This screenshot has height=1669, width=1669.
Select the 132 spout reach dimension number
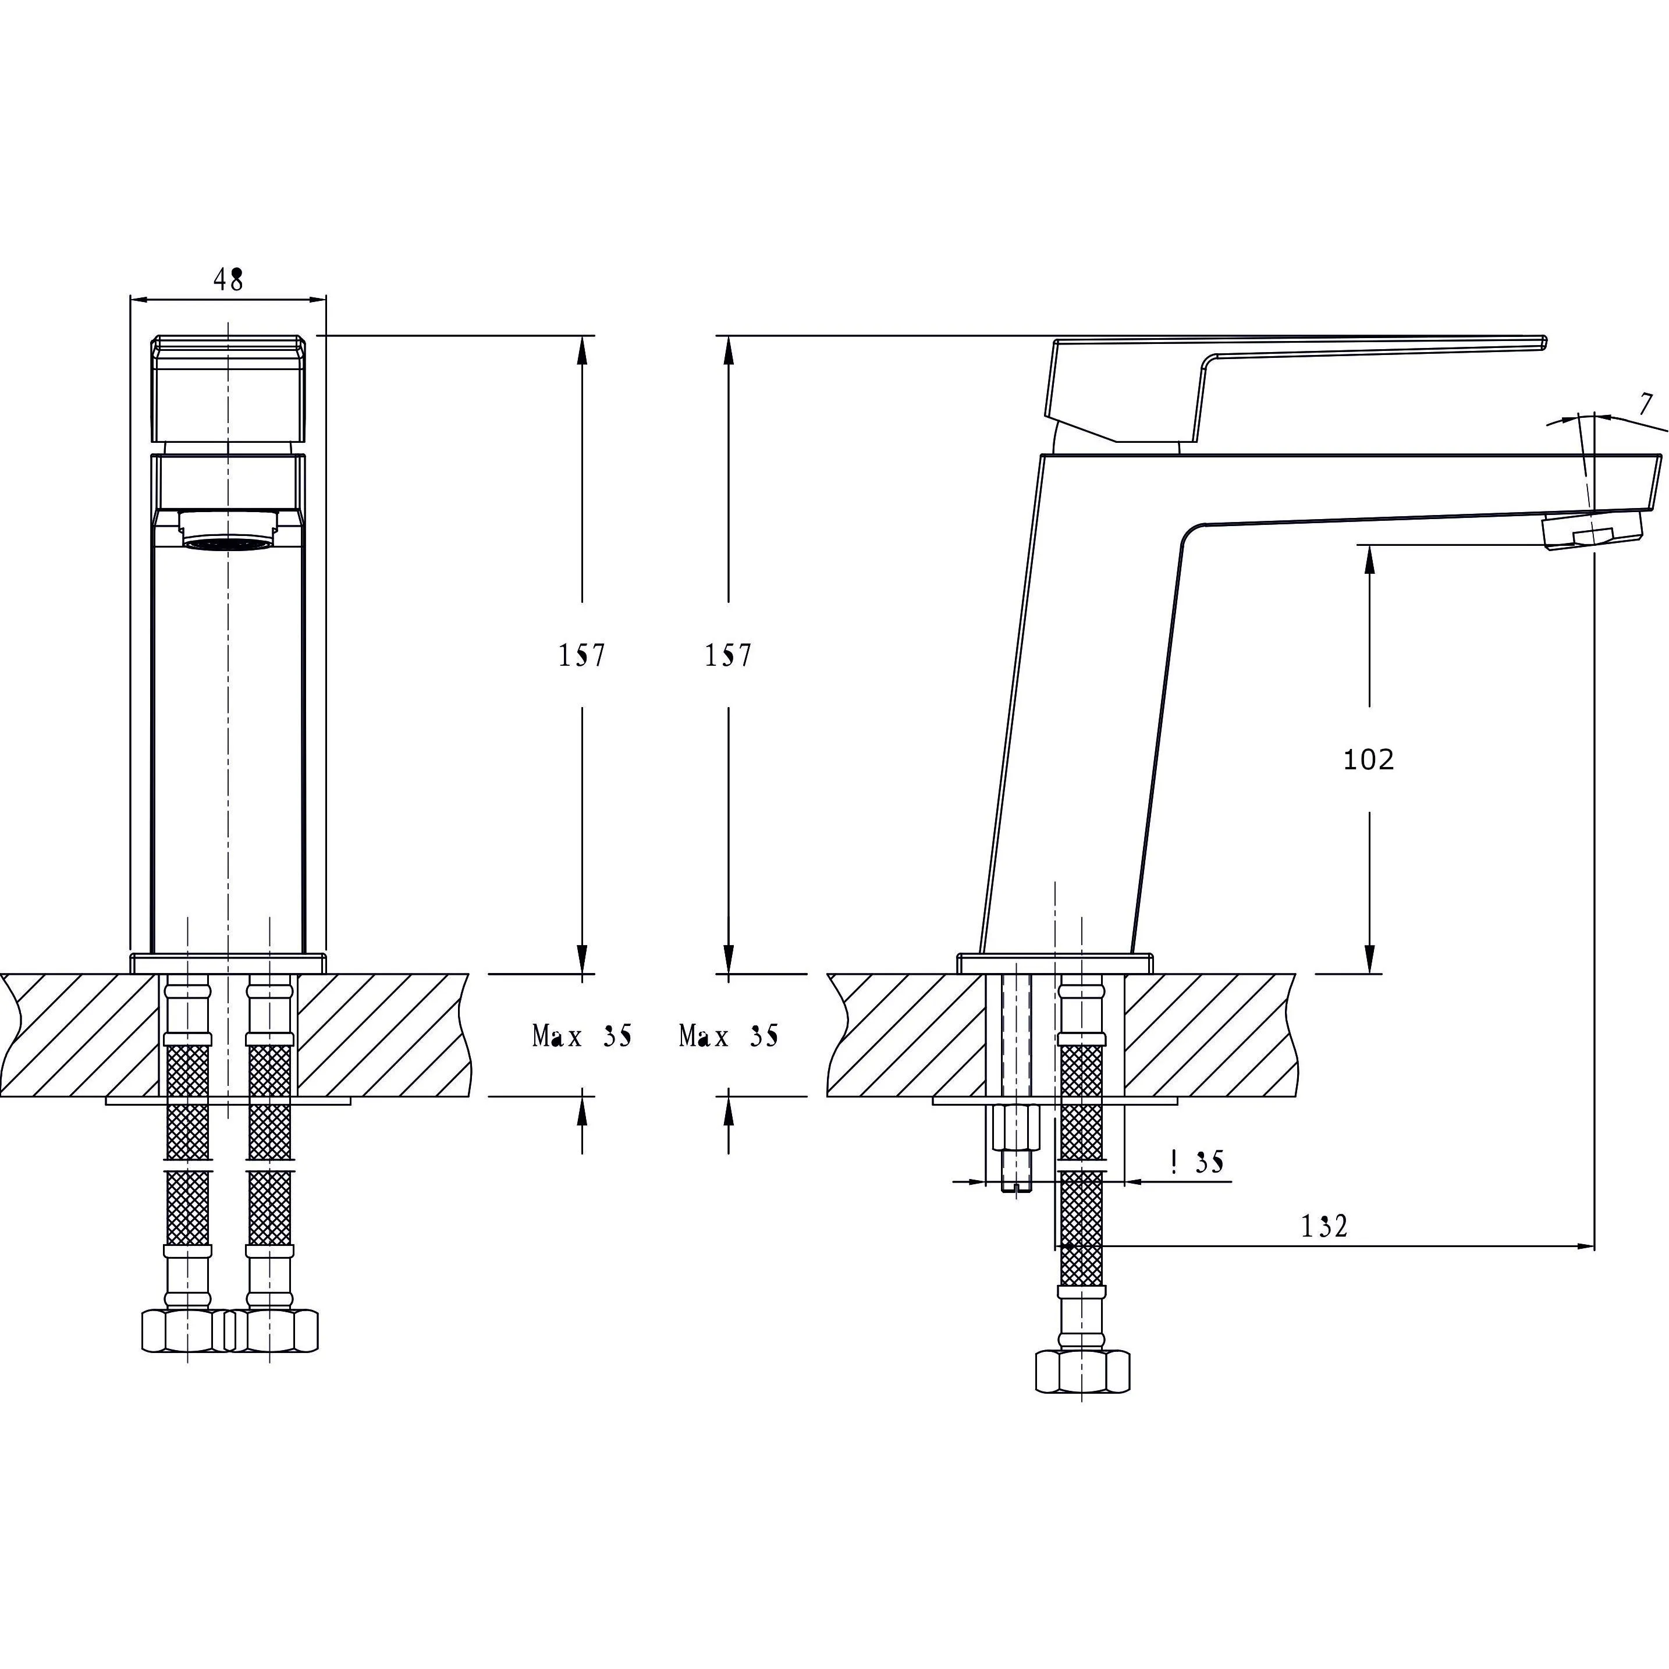point(1324,1226)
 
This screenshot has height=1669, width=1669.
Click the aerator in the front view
point(229,530)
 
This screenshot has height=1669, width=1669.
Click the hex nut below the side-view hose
point(1082,1371)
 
